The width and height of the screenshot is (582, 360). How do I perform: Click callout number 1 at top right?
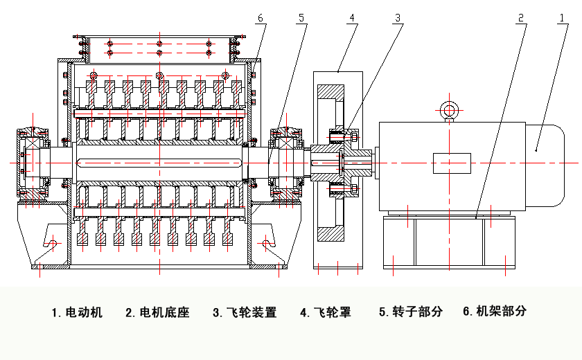coord(563,17)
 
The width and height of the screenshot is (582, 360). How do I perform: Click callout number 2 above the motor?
coord(520,17)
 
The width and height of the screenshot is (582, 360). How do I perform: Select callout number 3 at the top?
coord(398,17)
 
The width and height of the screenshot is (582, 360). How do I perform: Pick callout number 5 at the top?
coord(301,17)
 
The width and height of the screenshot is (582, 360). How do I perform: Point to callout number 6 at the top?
coord(260,17)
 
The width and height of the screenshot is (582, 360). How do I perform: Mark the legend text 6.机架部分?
coord(495,312)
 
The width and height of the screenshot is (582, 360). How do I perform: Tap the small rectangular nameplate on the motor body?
coord(452,163)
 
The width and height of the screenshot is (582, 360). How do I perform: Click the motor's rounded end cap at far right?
coord(548,163)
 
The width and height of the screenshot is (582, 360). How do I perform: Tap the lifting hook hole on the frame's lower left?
coord(53,242)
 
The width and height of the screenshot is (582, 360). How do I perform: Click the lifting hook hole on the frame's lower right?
coord(266,242)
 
